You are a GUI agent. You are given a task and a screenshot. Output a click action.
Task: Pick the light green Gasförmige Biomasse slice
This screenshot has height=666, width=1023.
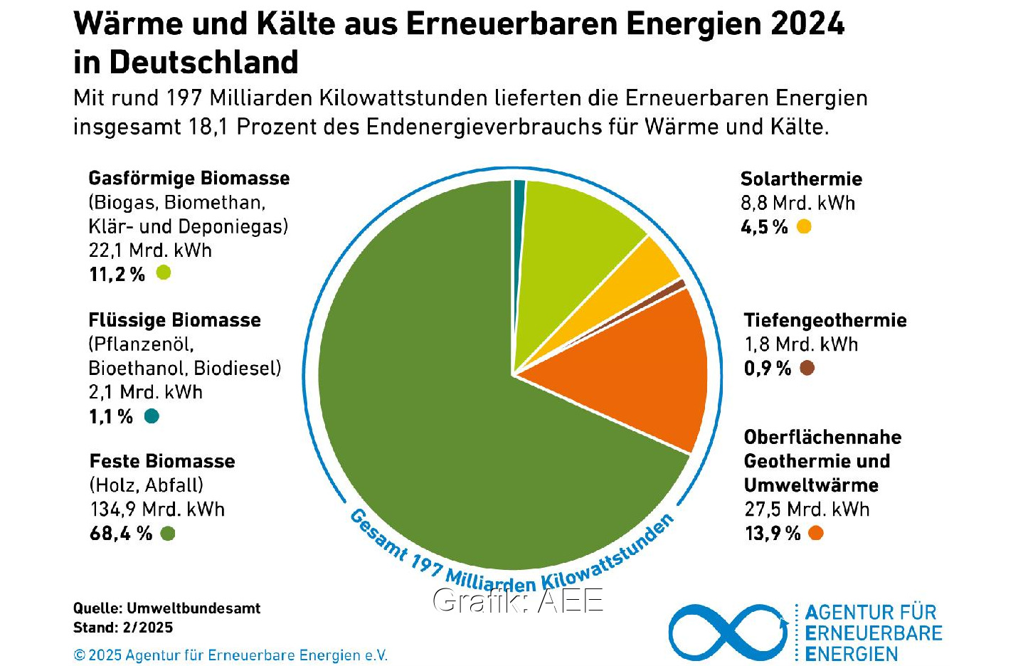tap(569, 242)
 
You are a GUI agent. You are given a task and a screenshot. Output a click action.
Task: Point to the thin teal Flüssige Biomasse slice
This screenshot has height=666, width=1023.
tap(519, 206)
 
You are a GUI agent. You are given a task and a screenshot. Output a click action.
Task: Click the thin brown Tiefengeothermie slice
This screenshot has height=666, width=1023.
tap(669, 288)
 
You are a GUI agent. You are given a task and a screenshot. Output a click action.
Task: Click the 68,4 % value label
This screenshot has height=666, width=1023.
tap(121, 533)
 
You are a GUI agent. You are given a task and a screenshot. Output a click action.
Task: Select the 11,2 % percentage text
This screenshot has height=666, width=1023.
tap(117, 274)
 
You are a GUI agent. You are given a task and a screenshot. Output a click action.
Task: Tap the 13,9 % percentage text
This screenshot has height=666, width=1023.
tap(773, 533)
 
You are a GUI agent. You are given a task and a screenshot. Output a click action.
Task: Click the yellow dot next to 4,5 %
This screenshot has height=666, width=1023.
tap(804, 227)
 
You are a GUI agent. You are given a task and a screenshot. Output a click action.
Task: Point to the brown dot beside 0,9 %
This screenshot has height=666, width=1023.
tap(807, 368)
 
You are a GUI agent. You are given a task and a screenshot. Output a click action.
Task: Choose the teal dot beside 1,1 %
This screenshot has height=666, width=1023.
tap(152, 416)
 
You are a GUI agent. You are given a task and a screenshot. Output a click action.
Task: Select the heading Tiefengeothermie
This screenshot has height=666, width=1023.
tap(825, 320)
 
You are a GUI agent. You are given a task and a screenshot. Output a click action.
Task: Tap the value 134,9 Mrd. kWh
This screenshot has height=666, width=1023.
tap(157, 509)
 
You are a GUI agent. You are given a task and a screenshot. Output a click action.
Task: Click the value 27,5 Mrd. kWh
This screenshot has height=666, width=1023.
tap(807, 509)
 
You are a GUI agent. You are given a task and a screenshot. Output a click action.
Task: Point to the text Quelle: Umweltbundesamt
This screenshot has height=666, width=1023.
tap(166, 608)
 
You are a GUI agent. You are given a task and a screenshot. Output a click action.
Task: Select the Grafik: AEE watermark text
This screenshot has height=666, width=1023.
tap(518, 601)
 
